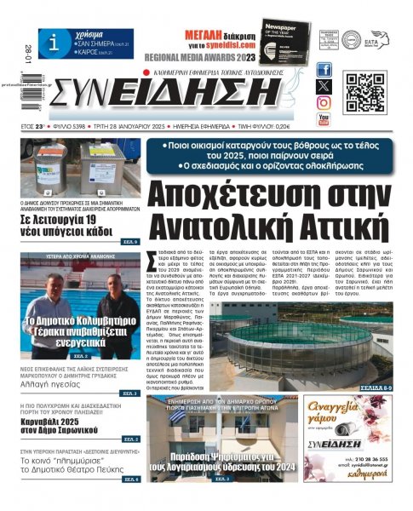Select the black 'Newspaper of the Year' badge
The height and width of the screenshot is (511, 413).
[285, 42]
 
